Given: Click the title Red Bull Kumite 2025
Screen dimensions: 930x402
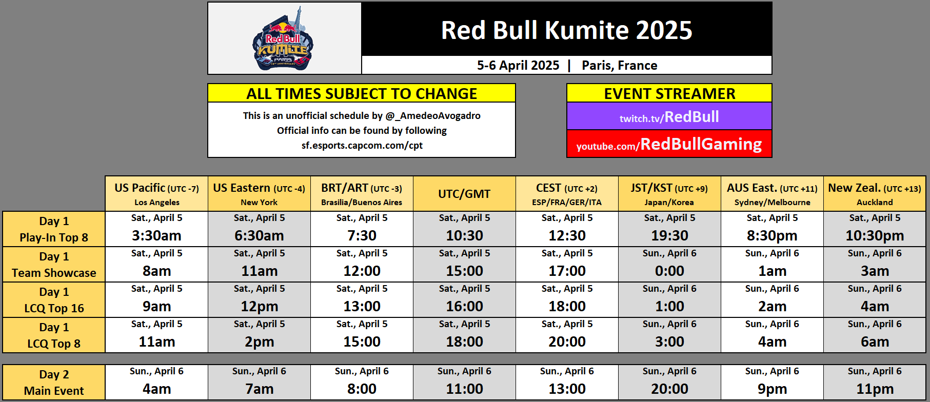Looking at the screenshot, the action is [x=566, y=30].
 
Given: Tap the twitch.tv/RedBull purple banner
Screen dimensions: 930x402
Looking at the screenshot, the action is [x=669, y=116].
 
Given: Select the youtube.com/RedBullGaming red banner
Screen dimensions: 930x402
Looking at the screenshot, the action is [x=669, y=144].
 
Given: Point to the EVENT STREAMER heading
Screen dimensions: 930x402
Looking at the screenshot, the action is [x=669, y=93].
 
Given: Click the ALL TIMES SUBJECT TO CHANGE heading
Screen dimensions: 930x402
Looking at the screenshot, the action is [x=362, y=93].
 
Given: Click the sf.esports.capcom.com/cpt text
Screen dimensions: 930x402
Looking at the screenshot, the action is [x=362, y=145].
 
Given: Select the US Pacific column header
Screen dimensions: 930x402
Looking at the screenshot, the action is [x=156, y=194].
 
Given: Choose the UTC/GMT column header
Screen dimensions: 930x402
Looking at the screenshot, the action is [x=464, y=194].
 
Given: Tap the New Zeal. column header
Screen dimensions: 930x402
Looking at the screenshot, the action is [x=875, y=194].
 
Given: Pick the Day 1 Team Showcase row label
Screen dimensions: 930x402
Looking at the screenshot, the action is [x=54, y=265].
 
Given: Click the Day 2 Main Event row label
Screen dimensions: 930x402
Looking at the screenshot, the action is [x=54, y=383].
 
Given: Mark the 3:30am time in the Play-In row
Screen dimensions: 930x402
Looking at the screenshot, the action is [x=156, y=235].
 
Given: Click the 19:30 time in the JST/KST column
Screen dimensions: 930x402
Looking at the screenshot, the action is [x=669, y=235].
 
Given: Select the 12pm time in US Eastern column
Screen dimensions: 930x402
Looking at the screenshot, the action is [x=259, y=306].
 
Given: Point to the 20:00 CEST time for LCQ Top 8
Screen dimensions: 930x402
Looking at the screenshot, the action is [x=567, y=341].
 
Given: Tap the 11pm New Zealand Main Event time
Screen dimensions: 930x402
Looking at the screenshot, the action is [x=875, y=389].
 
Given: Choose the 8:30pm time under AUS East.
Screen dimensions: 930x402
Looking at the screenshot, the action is [x=772, y=235].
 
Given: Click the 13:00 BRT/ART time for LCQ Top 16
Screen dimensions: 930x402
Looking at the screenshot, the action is [x=362, y=306].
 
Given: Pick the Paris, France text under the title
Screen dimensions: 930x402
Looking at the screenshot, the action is [x=619, y=66].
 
